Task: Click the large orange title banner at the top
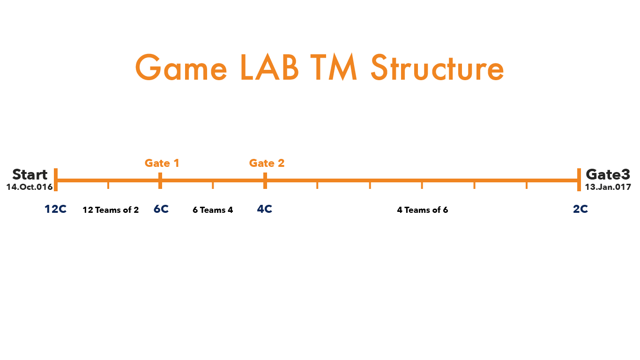pos(322,67)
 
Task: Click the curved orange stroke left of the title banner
pos(138,67)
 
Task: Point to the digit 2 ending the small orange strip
pos(281,163)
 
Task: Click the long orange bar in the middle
pos(319,180)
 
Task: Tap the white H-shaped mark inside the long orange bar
pos(57,180)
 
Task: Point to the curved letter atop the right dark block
pos(591,174)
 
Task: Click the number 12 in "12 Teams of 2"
pos(88,210)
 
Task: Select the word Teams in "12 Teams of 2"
pos(107,210)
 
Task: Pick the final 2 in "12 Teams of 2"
pos(136,210)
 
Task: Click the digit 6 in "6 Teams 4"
pos(195,210)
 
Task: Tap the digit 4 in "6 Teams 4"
pos(230,210)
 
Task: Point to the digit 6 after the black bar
pos(446,210)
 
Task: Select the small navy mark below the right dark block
pos(580,210)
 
